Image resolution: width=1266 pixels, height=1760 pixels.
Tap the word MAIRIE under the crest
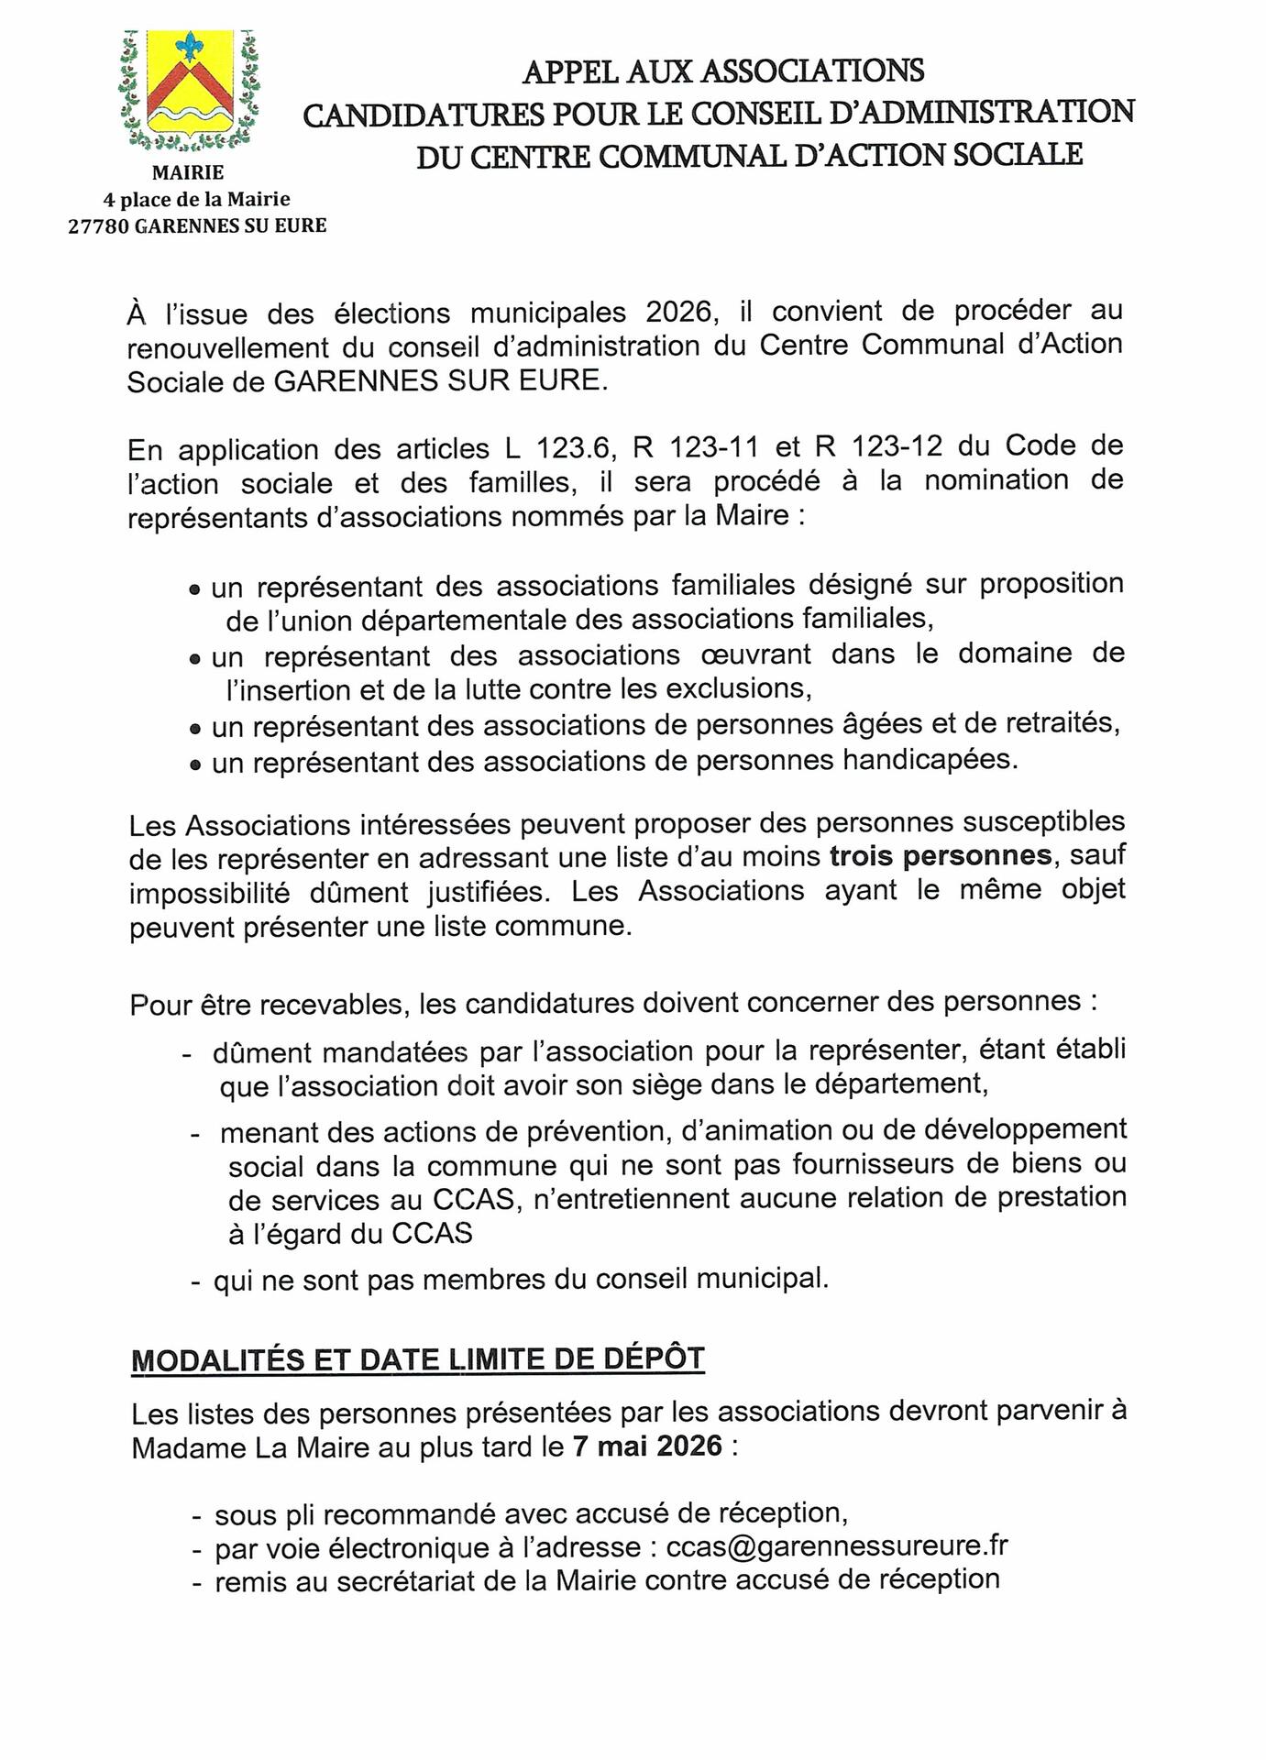pos(188,172)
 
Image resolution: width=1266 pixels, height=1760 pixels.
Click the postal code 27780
pos(97,225)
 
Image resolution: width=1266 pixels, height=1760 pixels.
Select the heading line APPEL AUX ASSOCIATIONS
pos(722,71)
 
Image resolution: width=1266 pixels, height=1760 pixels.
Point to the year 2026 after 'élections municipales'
pos(678,313)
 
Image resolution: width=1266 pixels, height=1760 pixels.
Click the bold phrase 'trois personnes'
pos(941,855)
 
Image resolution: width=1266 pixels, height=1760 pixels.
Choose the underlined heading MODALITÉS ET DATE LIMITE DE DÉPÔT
pos(418,1359)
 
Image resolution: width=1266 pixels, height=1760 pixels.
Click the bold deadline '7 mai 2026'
pos(647,1446)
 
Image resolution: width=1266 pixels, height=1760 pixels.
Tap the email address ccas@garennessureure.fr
pos(837,1546)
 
